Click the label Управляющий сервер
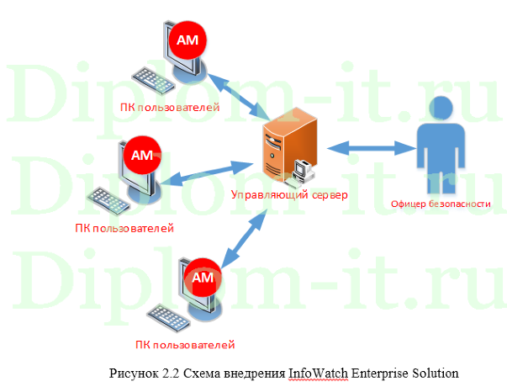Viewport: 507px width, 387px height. (289, 195)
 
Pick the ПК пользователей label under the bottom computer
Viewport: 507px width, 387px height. (184, 344)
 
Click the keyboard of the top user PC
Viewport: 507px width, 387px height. (151, 79)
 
